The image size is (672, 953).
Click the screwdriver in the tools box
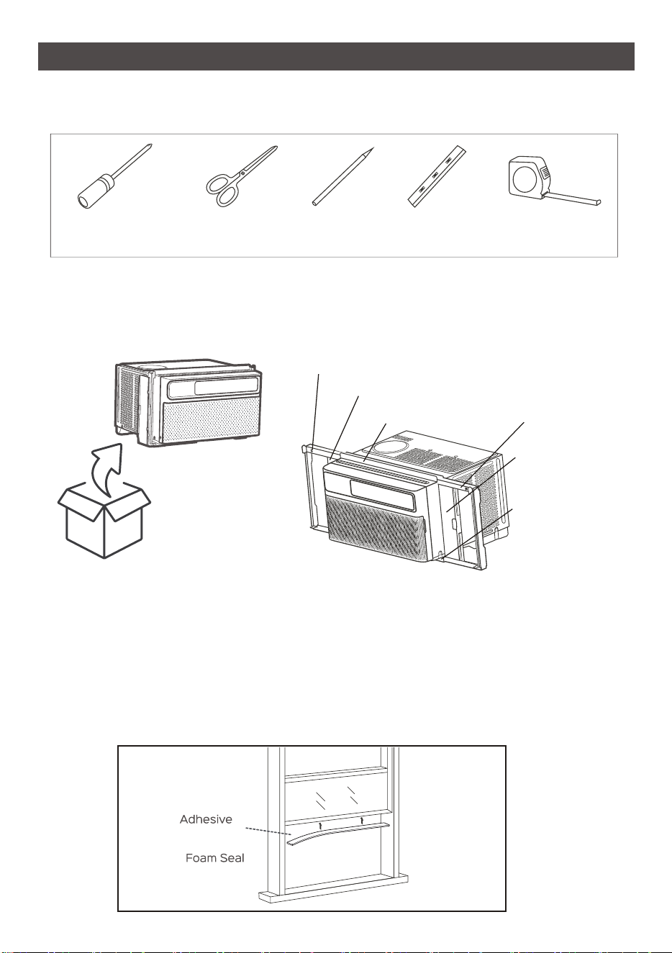[x=115, y=175]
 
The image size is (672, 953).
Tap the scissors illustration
[x=240, y=176]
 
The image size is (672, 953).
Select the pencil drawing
[x=343, y=176]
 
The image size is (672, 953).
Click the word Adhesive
[x=206, y=819]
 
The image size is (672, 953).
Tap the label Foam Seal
[x=215, y=858]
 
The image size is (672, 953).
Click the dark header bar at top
[x=336, y=56]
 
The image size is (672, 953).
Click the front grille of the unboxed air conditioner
[x=212, y=420]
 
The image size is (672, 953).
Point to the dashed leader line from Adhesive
[x=268, y=831]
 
